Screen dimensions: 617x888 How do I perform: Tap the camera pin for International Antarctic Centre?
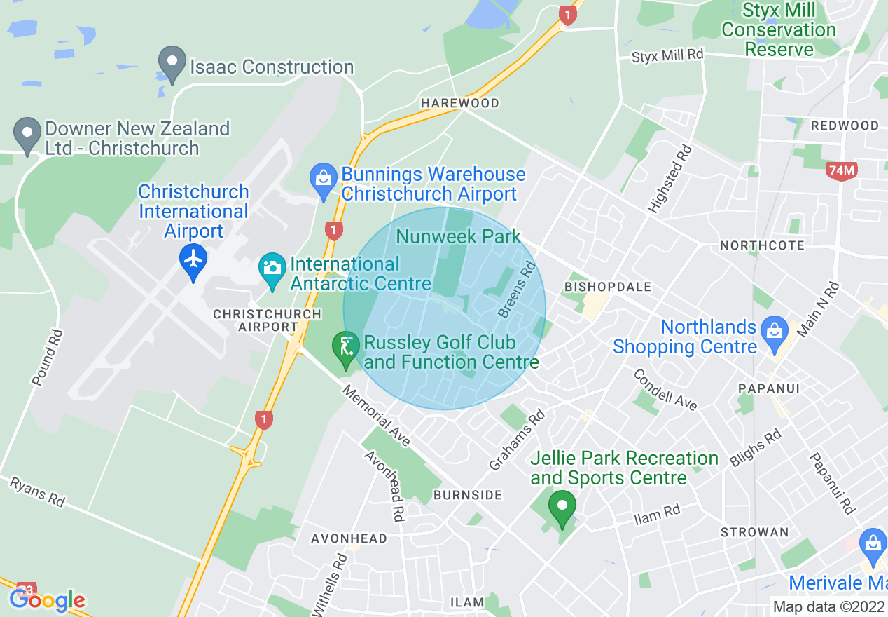click(272, 268)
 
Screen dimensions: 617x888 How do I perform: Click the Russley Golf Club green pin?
click(345, 348)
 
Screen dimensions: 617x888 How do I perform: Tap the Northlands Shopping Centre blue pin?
click(774, 329)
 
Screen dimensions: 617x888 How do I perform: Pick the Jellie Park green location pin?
click(562, 507)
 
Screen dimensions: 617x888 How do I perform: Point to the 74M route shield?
click(841, 170)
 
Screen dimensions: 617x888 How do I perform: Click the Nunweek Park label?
click(459, 236)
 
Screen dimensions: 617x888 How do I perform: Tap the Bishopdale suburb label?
click(608, 287)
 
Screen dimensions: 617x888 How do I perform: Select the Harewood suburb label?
click(460, 103)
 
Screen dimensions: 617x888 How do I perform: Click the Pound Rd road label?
click(48, 358)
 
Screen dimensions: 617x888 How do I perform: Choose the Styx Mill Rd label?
click(667, 55)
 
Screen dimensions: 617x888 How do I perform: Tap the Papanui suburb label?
click(769, 388)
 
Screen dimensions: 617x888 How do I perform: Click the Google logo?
click(48, 600)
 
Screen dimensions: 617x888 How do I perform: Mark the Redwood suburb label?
click(845, 126)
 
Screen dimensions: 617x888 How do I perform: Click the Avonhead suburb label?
click(349, 538)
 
